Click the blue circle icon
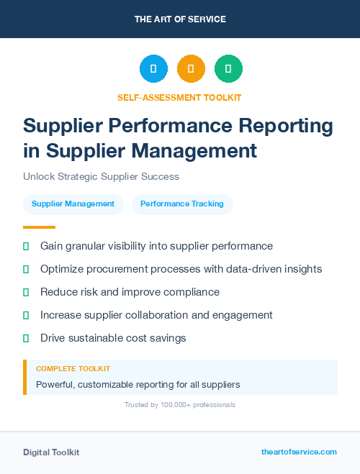153,69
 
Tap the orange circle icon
191,69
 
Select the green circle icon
228,69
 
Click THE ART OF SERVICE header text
180,19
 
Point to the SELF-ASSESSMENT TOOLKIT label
179,97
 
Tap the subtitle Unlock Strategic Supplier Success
101,176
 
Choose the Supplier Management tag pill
73,204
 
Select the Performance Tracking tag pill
182,204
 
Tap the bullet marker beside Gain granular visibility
26,246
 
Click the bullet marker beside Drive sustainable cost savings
26,338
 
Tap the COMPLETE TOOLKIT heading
73,368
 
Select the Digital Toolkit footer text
51,452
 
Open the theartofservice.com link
299,452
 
